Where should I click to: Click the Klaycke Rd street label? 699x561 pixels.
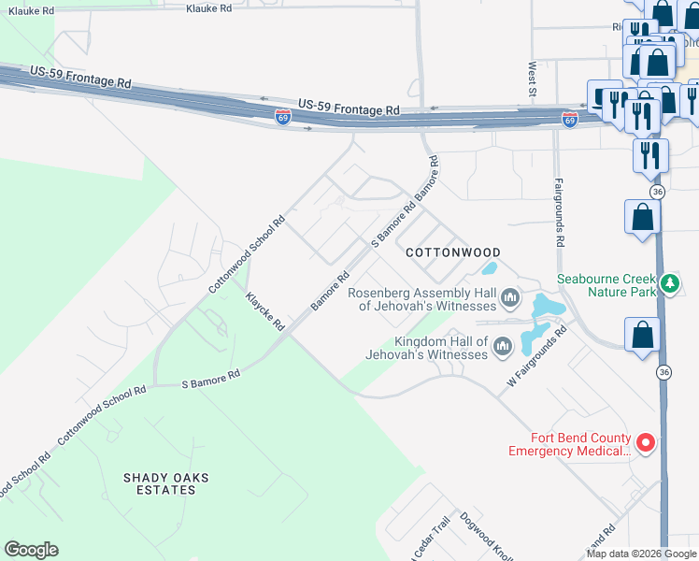coord(264,311)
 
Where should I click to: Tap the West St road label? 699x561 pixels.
coord(532,79)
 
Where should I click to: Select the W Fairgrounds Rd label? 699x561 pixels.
coord(537,357)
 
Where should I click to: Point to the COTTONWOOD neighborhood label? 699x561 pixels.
coord(453,252)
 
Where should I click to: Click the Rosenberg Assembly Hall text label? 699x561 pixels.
coord(421,299)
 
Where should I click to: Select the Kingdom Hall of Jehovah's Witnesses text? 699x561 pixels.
coord(428,348)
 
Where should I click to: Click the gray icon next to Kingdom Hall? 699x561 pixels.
coord(503,348)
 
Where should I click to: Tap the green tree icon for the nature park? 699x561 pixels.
coord(668,283)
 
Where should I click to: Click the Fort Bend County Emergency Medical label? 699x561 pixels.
coord(568,444)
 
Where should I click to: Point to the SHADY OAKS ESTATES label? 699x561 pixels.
coord(166,483)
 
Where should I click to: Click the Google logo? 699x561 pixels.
coord(31,550)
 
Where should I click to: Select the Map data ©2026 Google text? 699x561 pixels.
coord(641,554)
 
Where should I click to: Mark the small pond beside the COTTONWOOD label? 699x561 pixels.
coord(489,269)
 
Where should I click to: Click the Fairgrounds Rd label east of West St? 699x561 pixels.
coord(560,212)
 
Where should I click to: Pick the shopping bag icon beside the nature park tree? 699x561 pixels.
coord(643,218)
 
